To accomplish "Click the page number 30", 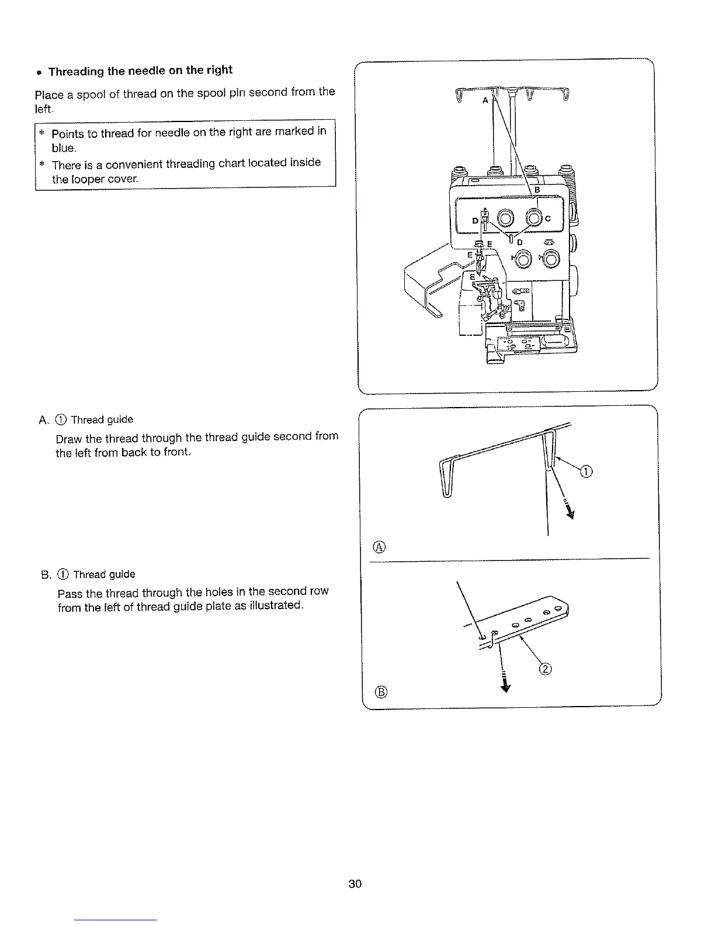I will (x=355, y=884).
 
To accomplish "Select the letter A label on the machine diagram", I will (x=484, y=100).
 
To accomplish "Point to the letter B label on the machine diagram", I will (x=537, y=190).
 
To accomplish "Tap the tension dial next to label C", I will (x=534, y=218).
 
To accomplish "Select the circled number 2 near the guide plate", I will (x=546, y=669).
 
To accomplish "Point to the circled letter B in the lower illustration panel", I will (x=380, y=692).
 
